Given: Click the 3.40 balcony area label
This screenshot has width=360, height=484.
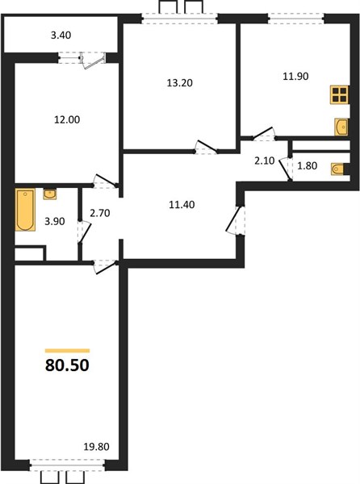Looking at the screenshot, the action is point(61,35).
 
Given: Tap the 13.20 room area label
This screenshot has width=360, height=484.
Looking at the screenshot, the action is point(180,83).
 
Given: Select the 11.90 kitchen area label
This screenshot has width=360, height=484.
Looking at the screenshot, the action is point(295,76).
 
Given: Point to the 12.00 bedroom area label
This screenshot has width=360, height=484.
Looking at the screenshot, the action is point(67,119).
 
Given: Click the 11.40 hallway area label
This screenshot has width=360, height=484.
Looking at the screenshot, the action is point(182,204).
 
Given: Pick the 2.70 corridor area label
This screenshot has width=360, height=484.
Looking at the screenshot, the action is point(100,213).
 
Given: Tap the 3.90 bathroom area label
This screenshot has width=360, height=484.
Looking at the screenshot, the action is point(55,221).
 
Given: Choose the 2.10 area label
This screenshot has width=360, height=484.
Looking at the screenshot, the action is point(265,161).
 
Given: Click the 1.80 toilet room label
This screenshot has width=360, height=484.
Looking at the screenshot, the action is point(308,165).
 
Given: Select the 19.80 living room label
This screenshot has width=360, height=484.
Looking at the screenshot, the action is point(97,446).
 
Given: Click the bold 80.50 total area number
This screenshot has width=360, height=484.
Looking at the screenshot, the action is point(67,365).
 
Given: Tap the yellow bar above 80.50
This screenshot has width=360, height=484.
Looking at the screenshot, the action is point(67,351).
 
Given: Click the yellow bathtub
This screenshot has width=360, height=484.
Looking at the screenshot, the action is point(25,210).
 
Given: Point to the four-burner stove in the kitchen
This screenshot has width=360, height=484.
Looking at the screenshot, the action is point(340,94).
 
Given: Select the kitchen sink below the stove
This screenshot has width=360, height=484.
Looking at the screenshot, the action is point(341,127).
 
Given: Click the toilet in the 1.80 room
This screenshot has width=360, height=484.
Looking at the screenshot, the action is point(338,169).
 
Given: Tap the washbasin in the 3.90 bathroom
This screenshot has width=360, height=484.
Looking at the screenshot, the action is point(50,194).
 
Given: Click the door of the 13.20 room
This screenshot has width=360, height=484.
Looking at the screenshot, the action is point(206,146).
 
